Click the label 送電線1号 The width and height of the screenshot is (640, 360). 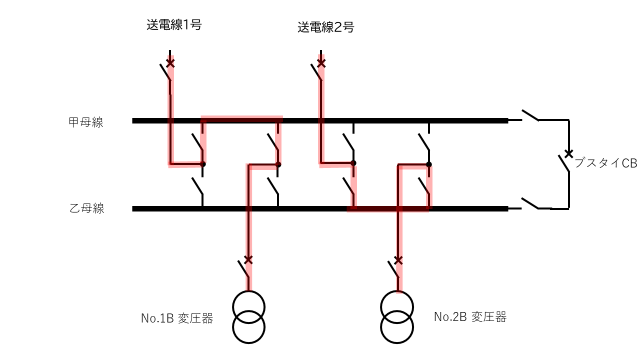point(174,25)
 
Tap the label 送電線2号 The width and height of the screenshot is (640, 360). point(325,27)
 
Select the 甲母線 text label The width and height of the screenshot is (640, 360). point(85,122)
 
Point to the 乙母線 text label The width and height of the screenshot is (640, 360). point(87,208)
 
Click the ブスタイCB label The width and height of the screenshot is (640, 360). point(605,163)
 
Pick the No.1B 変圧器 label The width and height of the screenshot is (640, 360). point(177,318)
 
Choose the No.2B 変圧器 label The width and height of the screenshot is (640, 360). point(470,317)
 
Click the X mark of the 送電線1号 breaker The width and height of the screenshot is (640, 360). point(170,63)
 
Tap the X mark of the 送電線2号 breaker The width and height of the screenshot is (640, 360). point(321,63)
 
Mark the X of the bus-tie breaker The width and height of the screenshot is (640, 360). point(568,153)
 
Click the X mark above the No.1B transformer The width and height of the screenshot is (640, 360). point(248,259)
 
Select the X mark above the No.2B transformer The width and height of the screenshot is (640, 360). point(398,260)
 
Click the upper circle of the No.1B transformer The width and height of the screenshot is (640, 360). point(248,291)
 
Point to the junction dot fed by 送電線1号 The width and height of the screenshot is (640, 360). point(203,164)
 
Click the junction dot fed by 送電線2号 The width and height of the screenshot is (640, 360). point(353,163)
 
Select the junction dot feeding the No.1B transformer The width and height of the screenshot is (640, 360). point(278,164)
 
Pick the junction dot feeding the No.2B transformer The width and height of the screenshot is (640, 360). point(429,164)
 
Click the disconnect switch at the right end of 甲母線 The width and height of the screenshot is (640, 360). point(530,115)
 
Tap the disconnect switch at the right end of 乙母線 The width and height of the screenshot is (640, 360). point(530,203)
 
